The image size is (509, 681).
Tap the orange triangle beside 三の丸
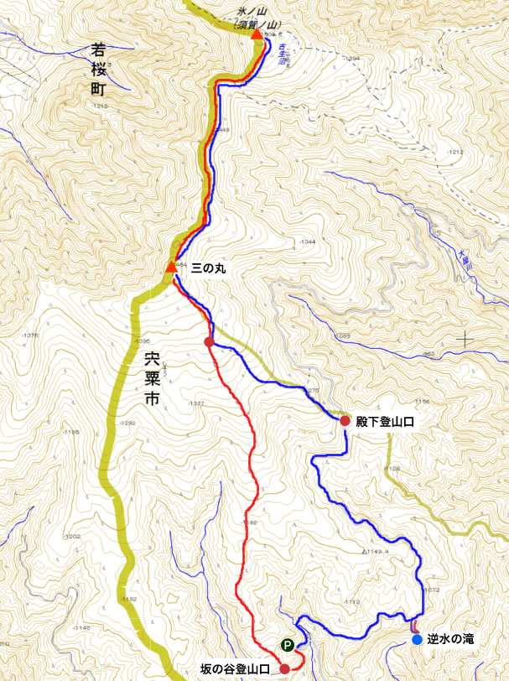pos(171,268)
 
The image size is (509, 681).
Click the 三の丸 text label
pos(209,268)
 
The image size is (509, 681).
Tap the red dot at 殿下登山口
pos(345,420)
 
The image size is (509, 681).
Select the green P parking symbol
pos(288,646)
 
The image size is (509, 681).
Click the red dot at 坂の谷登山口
pos(284,668)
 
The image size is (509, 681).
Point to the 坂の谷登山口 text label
pos(235,669)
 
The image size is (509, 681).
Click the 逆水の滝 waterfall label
pos(451,640)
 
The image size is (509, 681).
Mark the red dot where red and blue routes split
pos(209,341)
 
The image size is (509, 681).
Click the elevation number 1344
pos(307,242)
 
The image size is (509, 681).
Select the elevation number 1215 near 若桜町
pos(101,107)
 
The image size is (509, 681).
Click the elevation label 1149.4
pos(380,552)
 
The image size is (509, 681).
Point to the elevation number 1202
pos(74,536)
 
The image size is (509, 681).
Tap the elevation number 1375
pos(31,335)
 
